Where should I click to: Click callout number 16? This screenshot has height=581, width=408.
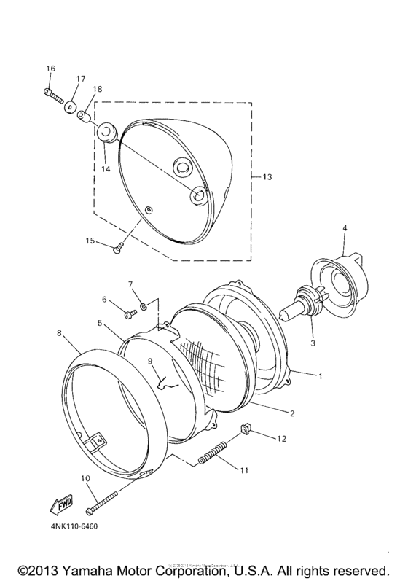[51, 69]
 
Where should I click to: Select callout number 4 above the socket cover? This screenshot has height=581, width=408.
[345, 228]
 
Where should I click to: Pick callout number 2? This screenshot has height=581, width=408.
[291, 413]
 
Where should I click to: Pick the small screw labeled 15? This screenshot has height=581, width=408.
[118, 249]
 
